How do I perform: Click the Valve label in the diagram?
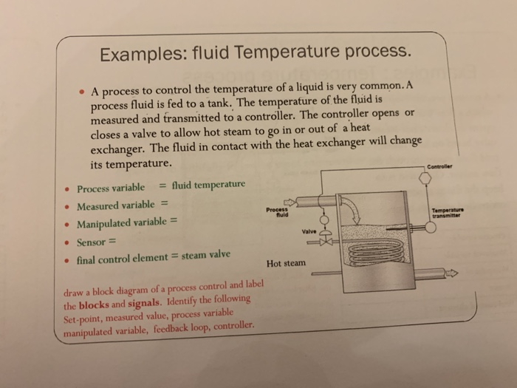[309, 231]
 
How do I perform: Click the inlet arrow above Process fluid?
[289, 200]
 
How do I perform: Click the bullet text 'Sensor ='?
[97, 242]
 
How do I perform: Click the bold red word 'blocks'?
[94, 304]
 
